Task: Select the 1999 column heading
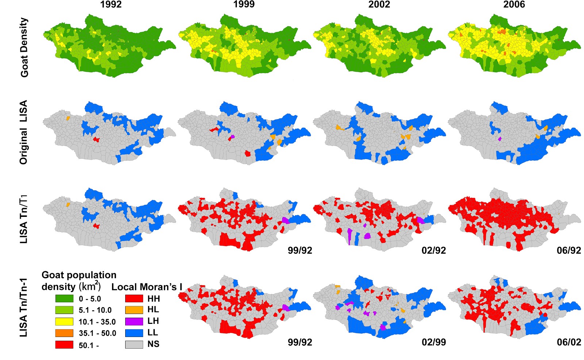point(244,5)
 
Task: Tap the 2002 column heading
point(379,5)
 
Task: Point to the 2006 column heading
point(514,5)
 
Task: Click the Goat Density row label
point(24,47)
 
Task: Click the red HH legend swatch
point(134,298)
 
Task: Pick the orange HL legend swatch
point(134,310)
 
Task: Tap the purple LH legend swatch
point(134,321)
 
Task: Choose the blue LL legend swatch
point(134,333)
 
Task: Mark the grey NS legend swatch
point(134,344)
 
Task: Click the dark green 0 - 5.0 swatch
point(64,298)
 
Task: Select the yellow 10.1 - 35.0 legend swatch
point(64,322)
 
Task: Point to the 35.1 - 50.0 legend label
point(97,333)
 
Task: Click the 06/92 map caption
point(569,250)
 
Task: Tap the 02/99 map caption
point(434,342)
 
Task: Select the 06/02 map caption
point(569,342)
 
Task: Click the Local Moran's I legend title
point(147,287)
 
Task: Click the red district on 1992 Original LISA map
point(96,139)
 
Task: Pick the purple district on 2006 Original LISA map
point(500,139)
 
